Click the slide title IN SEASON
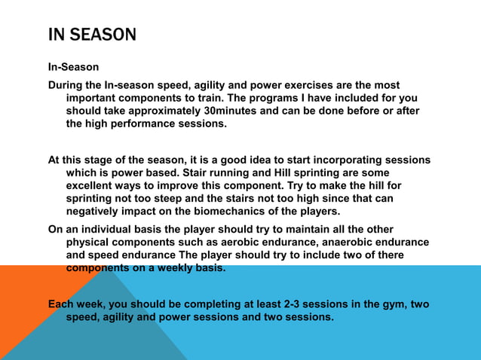click(92, 35)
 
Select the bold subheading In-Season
click(73, 67)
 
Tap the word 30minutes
click(239, 111)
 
